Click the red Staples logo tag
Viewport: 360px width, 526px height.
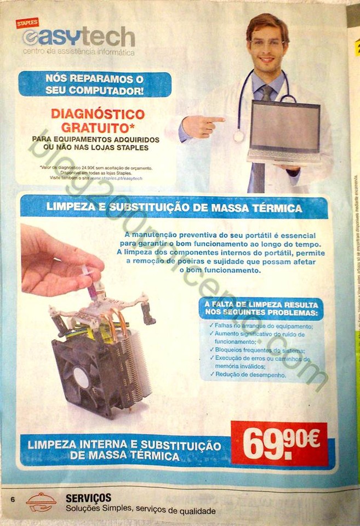tap(27, 23)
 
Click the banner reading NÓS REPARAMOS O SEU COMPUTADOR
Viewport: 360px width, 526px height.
tap(95, 84)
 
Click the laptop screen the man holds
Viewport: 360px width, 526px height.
tap(284, 127)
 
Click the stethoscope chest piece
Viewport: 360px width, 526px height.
tap(239, 136)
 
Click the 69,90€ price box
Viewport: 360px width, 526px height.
tap(279, 443)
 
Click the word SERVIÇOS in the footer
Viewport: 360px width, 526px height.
tap(88, 498)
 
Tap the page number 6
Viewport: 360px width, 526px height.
tap(12, 500)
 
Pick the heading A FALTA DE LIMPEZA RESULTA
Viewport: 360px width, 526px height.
tap(260, 304)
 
